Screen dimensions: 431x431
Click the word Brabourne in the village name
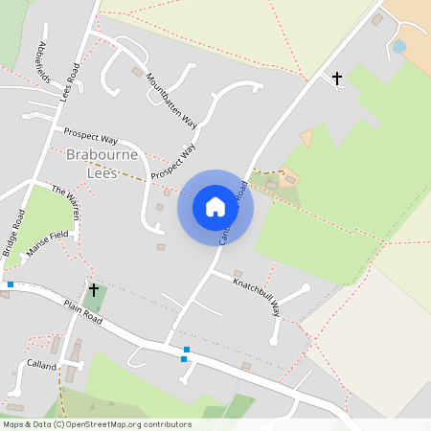coord(102,155)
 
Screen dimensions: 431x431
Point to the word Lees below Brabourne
coord(102,173)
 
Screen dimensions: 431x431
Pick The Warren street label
coord(66,201)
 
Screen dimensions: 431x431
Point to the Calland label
coord(42,365)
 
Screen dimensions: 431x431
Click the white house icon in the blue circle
coord(215,207)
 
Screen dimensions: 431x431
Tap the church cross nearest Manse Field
coord(93,288)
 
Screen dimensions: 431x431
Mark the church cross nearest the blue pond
coord(336,78)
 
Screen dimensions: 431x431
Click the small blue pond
coord(398,46)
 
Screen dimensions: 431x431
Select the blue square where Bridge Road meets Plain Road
coord(10,284)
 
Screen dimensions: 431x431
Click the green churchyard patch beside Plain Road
coord(93,303)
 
